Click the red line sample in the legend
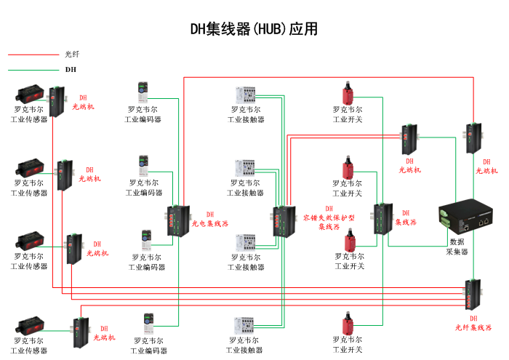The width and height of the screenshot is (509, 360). pyautogui.click(x=32, y=55)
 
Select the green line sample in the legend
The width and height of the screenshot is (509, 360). pyautogui.click(x=32, y=71)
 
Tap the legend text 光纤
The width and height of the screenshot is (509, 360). pyautogui.click(x=72, y=55)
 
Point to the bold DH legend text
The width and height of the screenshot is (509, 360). pyautogui.click(x=71, y=71)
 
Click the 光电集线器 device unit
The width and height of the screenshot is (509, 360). pyautogui.click(x=177, y=220)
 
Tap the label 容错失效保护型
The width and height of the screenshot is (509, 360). pyautogui.click(x=329, y=217)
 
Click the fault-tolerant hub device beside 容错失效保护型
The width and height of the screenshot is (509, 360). pyautogui.click(x=282, y=221)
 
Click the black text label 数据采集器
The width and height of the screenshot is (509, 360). pyautogui.click(x=457, y=247)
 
